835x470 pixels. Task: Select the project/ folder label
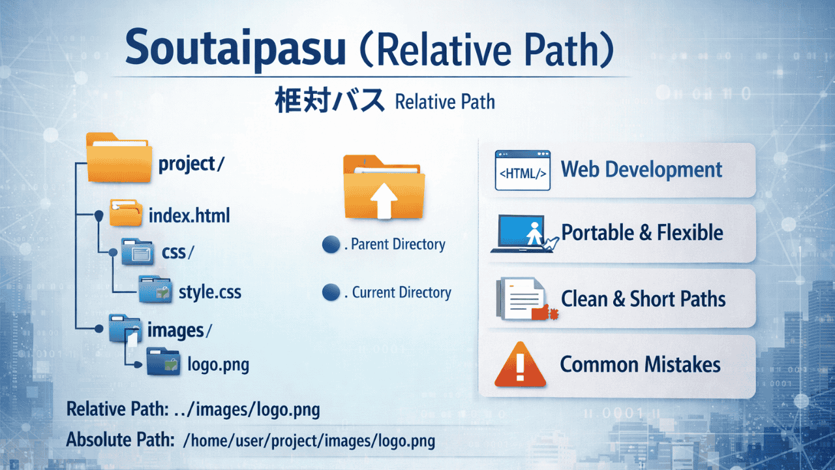click(x=191, y=164)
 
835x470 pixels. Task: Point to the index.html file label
click(x=189, y=215)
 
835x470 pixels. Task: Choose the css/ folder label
click(x=178, y=251)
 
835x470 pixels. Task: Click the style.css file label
click(x=209, y=291)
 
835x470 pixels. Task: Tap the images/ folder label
click(x=179, y=330)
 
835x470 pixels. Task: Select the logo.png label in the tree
click(x=218, y=364)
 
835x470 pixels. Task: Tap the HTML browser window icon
click(x=522, y=170)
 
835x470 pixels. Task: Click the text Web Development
click(x=641, y=170)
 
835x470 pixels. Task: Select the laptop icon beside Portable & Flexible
click(x=520, y=234)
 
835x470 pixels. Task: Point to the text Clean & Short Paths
click(x=643, y=299)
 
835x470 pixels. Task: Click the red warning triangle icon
click(x=519, y=364)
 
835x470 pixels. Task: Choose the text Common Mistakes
click(x=640, y=364)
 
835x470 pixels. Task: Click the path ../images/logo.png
click(x=247, y=410)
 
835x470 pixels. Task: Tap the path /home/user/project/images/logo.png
click(x=309, y=440)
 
